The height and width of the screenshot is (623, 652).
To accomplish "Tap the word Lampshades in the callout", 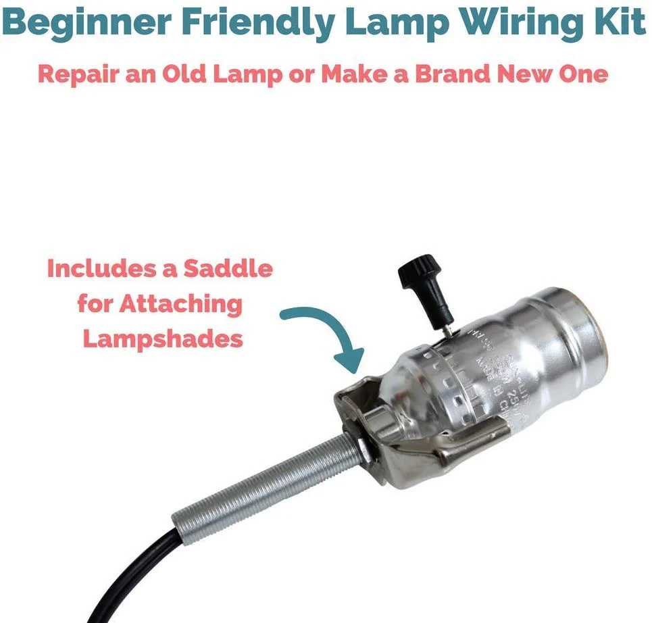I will click(162, 339).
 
